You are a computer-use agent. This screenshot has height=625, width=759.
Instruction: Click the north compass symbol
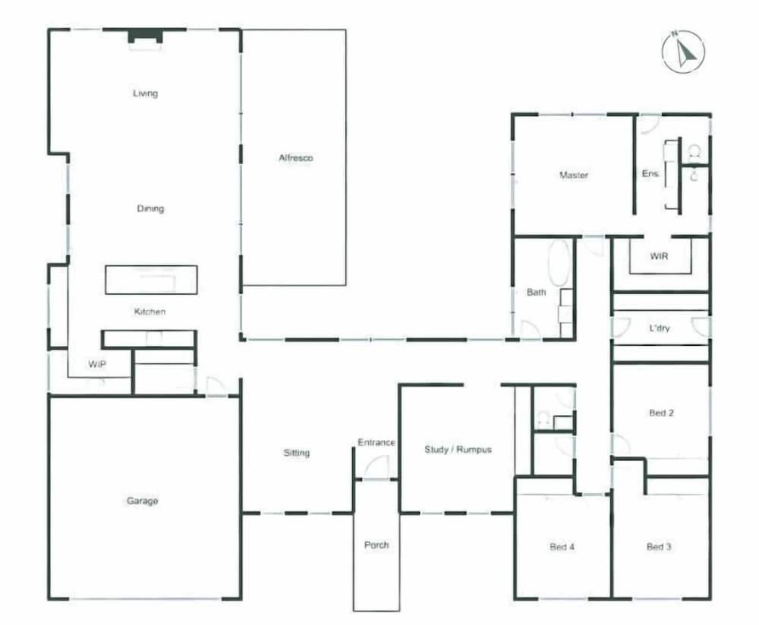coord(683,52)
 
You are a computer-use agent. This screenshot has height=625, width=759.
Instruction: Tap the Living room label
coord(145,93)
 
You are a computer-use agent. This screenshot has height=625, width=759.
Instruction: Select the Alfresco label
coord(296,158)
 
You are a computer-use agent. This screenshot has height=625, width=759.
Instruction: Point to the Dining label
coord(150,209)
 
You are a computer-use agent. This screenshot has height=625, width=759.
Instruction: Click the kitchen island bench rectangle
coord(151,280)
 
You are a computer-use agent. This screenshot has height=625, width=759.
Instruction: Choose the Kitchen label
coord(150,312)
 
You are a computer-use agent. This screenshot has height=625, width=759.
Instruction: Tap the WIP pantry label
coord(97,364)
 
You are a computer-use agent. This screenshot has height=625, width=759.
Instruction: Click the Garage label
coord(143,501)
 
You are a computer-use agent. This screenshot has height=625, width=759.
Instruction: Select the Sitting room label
coord(296,453)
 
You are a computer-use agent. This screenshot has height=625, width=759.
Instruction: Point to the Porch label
coord(376,545)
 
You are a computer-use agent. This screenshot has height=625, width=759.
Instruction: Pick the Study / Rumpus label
coord(458,449)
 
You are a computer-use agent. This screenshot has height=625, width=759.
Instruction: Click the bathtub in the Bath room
coord(559,263)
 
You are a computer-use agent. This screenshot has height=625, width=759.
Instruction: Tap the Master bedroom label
coord(574,175)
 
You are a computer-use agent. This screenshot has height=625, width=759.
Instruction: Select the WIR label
coord(659,256)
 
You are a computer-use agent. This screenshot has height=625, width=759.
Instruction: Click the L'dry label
coord(660,328)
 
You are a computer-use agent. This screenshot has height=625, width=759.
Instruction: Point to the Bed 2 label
coord(661,413)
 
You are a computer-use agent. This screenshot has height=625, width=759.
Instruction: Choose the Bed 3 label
coord(659,547)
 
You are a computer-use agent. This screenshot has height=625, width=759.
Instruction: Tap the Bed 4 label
coord(562,547)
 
